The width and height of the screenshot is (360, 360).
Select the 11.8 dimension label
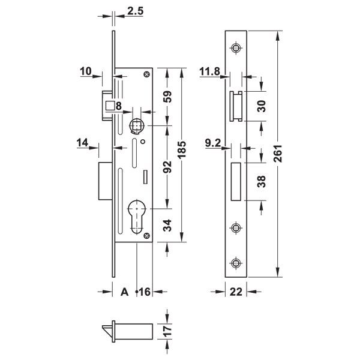point(209,72)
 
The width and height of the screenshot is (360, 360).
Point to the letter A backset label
point(125,292)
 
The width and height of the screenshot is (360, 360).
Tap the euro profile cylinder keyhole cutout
point(139,217)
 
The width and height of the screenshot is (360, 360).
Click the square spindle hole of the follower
point(136,125)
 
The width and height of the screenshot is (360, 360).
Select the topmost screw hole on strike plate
point(236,49)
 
